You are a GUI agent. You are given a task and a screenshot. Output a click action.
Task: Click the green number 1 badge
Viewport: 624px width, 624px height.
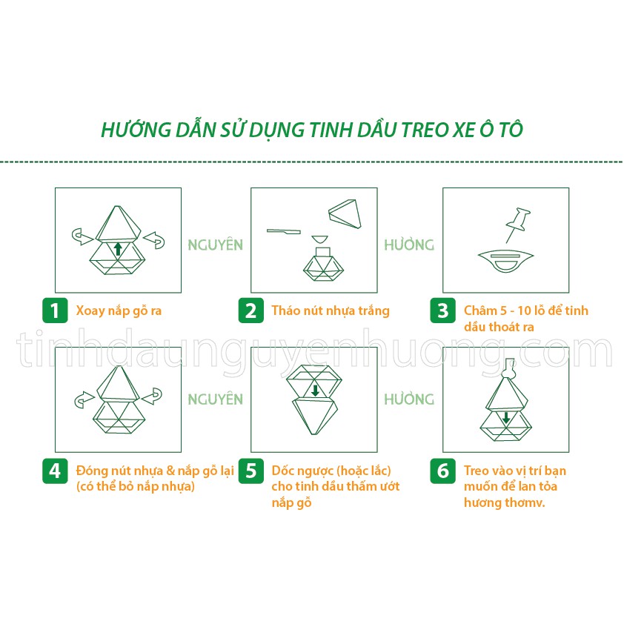coord(54,311)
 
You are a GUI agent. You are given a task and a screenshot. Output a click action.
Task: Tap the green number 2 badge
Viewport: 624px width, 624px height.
coord(250,311)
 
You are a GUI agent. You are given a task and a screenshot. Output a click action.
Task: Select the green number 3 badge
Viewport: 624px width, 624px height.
coord(442,311)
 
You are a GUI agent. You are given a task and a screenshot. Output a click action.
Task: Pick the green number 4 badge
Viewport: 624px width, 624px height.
coord(54,471)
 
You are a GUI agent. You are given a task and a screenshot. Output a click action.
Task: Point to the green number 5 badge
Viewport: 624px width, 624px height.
coord(250,471)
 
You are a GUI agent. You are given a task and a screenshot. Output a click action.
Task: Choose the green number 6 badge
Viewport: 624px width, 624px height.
coord(442,471)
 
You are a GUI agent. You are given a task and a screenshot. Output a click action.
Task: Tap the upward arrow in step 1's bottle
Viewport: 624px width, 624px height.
coord(117,248)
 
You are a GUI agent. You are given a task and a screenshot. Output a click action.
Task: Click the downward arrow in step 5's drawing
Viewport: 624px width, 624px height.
coord(315,390)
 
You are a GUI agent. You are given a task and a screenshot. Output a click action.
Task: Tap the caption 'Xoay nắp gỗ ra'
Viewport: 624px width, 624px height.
coord(119,311)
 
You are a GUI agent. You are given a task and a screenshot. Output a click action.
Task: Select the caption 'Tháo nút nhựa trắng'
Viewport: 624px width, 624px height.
coord(330,311)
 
